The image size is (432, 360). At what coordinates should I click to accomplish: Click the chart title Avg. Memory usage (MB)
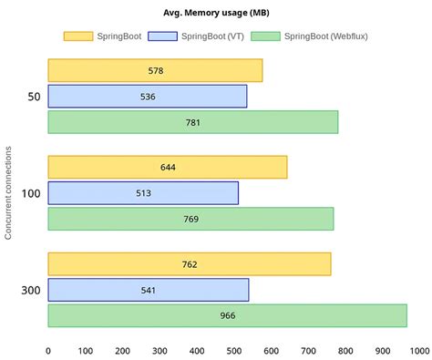pos(215,11)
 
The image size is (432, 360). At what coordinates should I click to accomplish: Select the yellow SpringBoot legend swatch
pos(78,36)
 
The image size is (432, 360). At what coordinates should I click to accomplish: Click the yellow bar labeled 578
pos(155,70)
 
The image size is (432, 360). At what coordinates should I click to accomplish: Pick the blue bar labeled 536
pos(147,96)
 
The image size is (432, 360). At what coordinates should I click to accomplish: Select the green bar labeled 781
pos(192,122)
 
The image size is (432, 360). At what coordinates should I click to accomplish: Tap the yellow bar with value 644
pos(167,167)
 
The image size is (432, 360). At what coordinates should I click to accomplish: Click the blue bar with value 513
pos(143,193)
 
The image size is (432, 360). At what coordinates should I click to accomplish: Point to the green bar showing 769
pos(190,219)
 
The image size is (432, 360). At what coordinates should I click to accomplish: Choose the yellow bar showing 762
pos(189,264)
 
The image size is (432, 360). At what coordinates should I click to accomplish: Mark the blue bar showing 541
pos(148,290)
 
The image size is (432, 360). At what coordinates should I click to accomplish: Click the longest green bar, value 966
pos(227,315)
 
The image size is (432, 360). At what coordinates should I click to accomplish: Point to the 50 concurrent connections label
pos(34,96)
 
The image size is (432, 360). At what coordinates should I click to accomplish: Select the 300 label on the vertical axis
pos(30,290)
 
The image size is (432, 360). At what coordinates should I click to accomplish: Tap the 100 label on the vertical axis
pos(30,193)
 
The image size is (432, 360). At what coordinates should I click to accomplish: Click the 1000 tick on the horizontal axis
pos(420,349)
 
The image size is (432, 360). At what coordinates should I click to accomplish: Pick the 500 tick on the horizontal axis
pos(234,349)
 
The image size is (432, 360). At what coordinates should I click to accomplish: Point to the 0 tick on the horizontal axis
pos(48,349)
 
